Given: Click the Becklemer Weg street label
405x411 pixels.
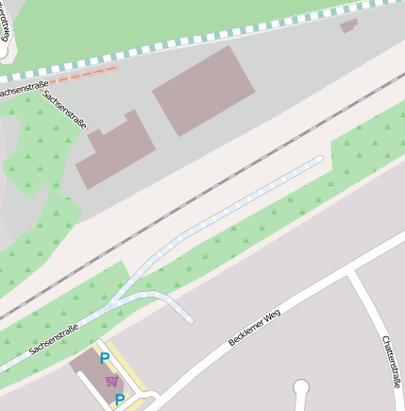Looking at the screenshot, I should (x=255, y=327).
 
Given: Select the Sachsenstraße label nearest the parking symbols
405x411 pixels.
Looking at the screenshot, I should (x=53, y=336).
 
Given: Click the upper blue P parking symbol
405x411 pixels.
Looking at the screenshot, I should (x=105, y=358).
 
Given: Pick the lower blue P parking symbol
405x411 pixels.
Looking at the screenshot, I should (x=119, y=400).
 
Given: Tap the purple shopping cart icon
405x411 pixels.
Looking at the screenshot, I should (x=112, y=380).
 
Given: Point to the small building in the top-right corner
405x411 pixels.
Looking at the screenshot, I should (x=349, y=26).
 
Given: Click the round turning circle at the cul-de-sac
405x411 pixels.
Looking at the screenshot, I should (x=301, y=385).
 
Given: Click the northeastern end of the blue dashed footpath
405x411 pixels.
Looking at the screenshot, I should (x=319, y=159).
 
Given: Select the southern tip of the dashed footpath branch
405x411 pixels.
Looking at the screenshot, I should (x=190, y=320).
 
